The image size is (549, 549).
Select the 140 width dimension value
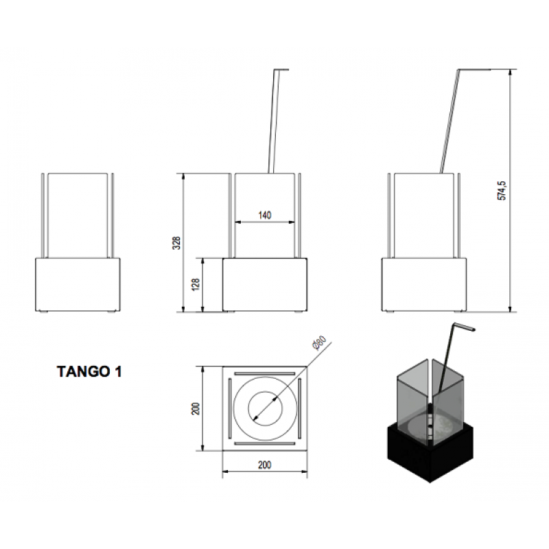pyautogui.click(x=265, y=215)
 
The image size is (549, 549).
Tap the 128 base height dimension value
pyautogui.click(x=196, y=284)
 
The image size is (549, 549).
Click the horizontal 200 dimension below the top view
pyautogui.click(x=265, y=465)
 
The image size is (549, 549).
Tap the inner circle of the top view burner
pyautogui.click(x=265, y=408)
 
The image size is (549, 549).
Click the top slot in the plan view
pyautogui.click(x=265, y=374)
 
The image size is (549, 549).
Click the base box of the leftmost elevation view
pyautogui.click(x=80, y=284)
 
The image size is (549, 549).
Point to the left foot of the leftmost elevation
pyautogui.click(x=45, y=312)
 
